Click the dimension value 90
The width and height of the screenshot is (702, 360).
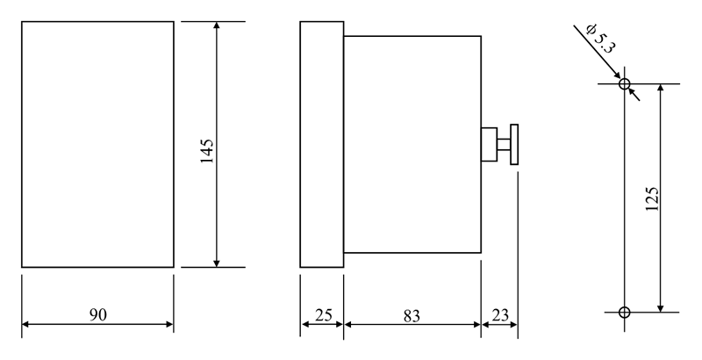pyautogui.click(x=97, y=314)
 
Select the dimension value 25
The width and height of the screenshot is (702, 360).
pyautogui.click(x=321, y=314)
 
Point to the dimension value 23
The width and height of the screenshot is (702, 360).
pyautogui.click(x=499, y=314)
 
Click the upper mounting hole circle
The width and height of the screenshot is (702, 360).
pyautogui.click(x=624, y=85)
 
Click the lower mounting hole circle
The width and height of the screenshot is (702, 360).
pyautogui.click(x=624, y=312)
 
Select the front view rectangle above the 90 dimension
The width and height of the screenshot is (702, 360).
pyautogui.click(x=97, y=144)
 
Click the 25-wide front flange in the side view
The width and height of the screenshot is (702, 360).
pyautogui.click(x=321, y=144)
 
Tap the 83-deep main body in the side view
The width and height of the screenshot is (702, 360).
pyautogui.click(x=412, y=144)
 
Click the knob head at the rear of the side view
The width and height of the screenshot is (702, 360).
pyautogui.click(x=513, y=145)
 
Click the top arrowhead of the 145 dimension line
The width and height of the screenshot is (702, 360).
pyautogui.click(x=217, y=27)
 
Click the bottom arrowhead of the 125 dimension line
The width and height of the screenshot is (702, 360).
pyautogui.click(x=662, y=306)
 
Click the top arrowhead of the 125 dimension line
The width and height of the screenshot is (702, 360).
pyautogui.click(x=662, y=90)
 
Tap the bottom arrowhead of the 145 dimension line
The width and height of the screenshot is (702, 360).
pyautogui.click(x=217, y=261)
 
